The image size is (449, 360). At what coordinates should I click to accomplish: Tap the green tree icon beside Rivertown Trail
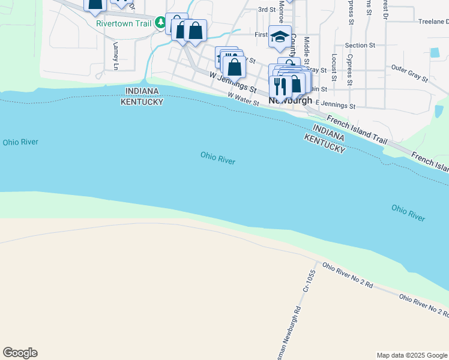[x=160, y=23]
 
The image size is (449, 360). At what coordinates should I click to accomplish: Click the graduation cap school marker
[x=280, y=37]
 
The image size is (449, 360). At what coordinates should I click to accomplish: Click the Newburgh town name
[x=290, y=100]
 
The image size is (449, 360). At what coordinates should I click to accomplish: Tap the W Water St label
[x=243, y=99]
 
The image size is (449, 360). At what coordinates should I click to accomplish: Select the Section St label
[x=360, y=45]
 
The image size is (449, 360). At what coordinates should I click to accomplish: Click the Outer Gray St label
[x=409, y=73]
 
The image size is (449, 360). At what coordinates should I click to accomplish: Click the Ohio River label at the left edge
[x=20, y=142]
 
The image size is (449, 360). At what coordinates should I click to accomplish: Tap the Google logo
[x=20, y=353]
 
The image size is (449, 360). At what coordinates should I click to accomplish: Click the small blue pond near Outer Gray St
[x=435, y=52]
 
